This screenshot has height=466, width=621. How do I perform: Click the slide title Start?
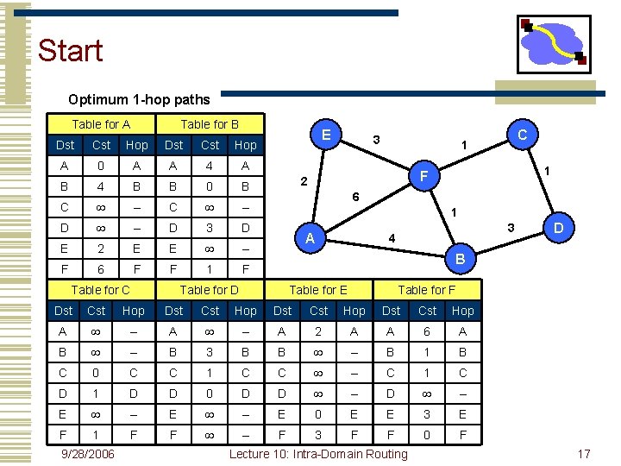click(70, 50)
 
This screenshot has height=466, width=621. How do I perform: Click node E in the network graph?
click(326, 135)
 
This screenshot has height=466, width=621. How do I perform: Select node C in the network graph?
click(522, 135)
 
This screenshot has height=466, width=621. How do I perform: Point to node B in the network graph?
click(460, 258)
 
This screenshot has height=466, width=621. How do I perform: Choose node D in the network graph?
click(558, 230)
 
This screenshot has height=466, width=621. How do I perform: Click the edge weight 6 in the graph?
click(355, 197)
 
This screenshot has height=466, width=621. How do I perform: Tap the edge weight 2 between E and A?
click(303, 182)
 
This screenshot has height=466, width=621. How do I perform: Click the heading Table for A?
click(101, 124)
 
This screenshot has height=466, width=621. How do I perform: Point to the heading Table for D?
click(210, 290)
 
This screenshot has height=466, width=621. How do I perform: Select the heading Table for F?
click(427, 290)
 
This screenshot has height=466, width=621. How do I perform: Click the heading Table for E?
click(318, 290)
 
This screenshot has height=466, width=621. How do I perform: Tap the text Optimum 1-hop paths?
click(139, 100)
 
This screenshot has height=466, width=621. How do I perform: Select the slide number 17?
click(584, 453)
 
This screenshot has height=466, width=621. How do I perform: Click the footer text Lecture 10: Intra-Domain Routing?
click(318, 453)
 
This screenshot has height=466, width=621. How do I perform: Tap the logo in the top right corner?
click(553, 44)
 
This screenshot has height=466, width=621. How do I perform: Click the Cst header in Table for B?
click(210, 145)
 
